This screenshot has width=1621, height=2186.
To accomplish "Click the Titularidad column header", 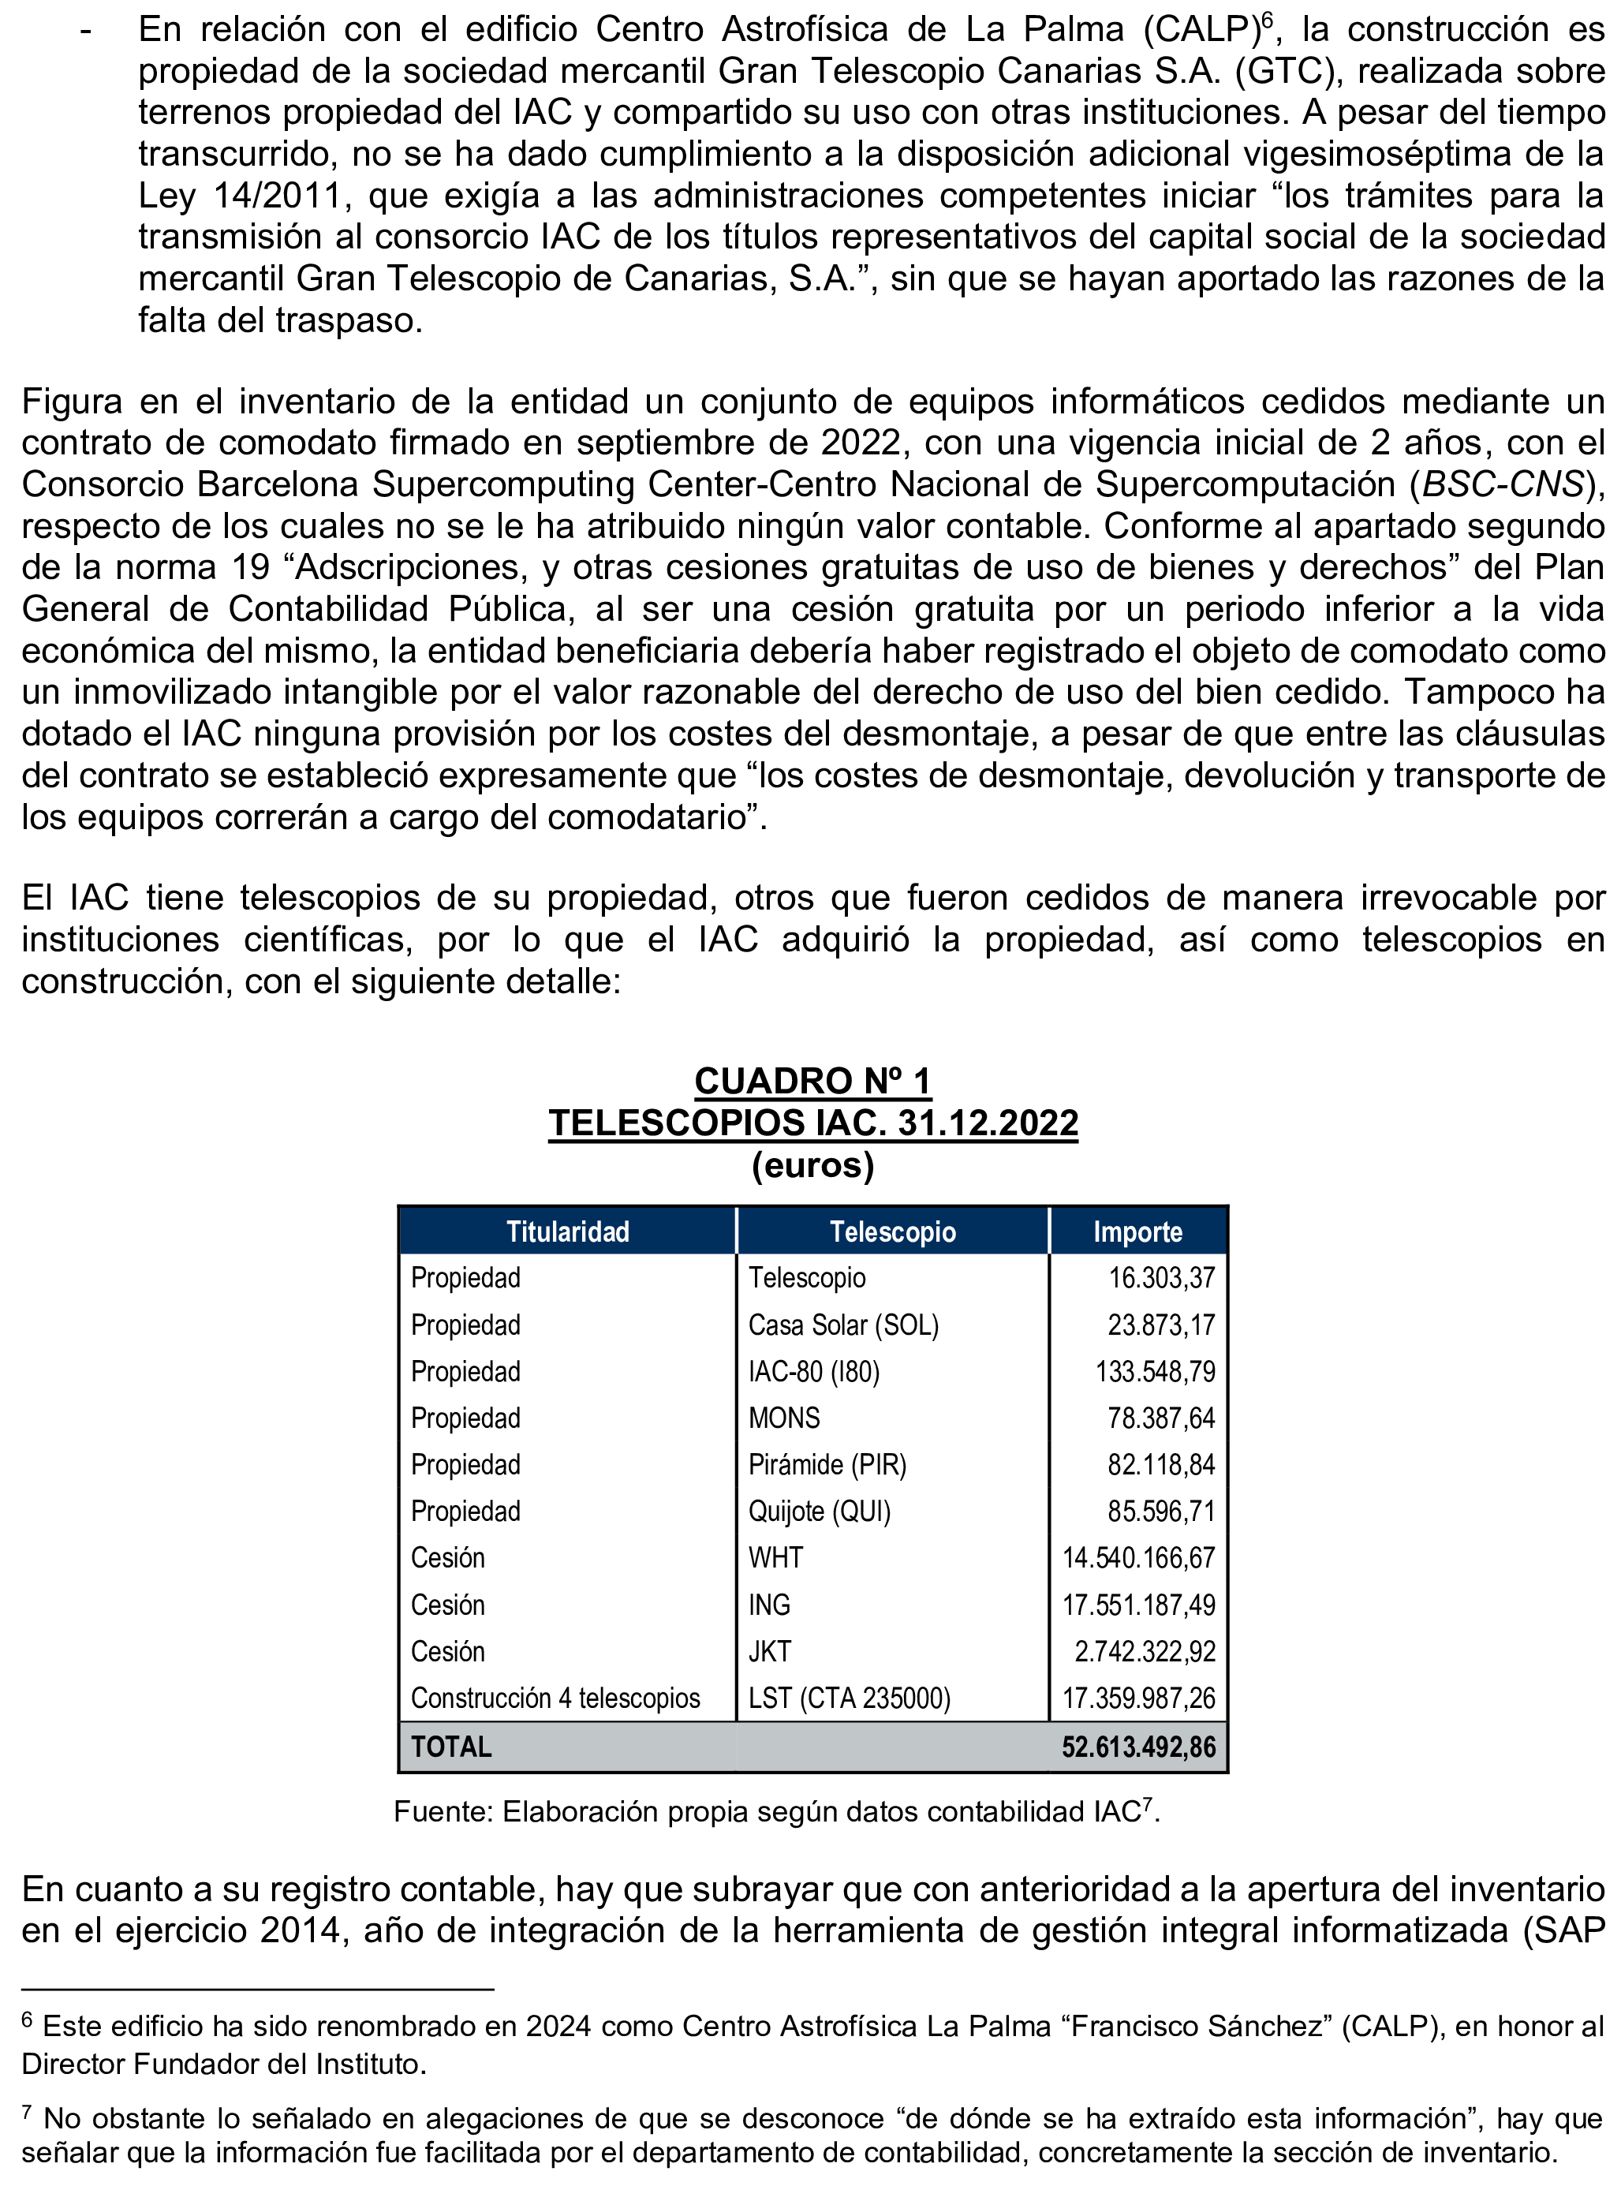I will pos(567,1231).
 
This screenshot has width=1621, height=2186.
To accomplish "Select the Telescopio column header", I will pos(892,1231).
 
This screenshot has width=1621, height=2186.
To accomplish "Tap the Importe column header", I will pos(1137,1231).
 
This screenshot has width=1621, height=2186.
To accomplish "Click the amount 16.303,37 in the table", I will pos(1161,1277).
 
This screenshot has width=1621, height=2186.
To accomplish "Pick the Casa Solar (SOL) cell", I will pos(843,1325).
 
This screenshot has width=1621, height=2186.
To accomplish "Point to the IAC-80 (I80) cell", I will pos(813,1370).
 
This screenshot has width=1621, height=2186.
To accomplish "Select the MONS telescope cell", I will pos(784,1418).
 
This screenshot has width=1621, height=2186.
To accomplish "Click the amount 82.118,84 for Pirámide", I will pos(1161,1464).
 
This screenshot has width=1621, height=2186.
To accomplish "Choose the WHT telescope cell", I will pos(775,1557).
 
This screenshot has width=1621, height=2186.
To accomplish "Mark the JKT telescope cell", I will pos(769,1651).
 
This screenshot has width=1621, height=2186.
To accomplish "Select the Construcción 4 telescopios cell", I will pos(555,1698).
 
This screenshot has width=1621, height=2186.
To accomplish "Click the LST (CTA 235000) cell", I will pos(849,1698).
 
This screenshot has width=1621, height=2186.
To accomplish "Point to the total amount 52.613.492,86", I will pos(1138,1747).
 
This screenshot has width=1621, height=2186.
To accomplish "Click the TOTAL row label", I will pos(451,1747).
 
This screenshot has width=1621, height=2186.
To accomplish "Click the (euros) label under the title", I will pos(812,1164).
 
